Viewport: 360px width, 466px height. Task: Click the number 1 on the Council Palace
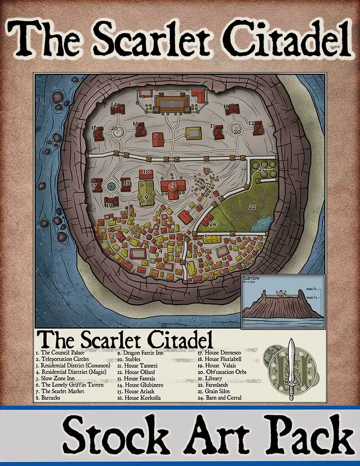[172, 103]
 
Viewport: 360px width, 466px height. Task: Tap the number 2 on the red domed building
[174, 185]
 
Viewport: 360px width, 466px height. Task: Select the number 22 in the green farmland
[252, 207]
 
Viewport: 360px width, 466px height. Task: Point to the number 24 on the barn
[213, 225]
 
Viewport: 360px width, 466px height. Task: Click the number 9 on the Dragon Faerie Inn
[146, 197]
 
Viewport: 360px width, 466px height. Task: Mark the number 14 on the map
[114, 104]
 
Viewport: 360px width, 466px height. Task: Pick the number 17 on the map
[94, 186]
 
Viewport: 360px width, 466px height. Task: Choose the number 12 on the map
[251, 123]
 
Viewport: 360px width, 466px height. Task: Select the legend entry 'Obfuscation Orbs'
[222, 372]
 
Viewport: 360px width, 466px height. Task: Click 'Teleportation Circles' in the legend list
[65, 359]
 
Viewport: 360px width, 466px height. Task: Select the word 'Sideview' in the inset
[251, 278]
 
